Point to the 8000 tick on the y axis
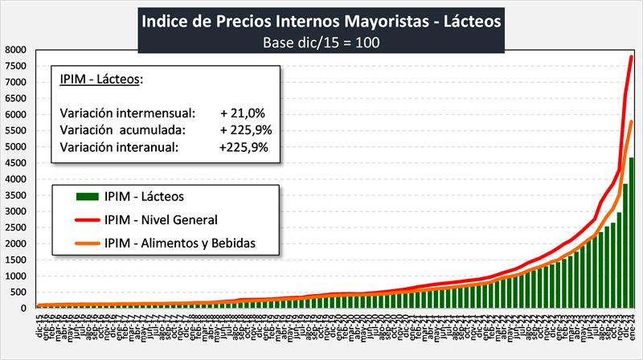17,50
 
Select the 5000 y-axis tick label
17,147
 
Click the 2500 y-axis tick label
17,227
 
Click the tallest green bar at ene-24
632,233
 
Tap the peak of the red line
632,56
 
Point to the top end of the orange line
632,121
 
